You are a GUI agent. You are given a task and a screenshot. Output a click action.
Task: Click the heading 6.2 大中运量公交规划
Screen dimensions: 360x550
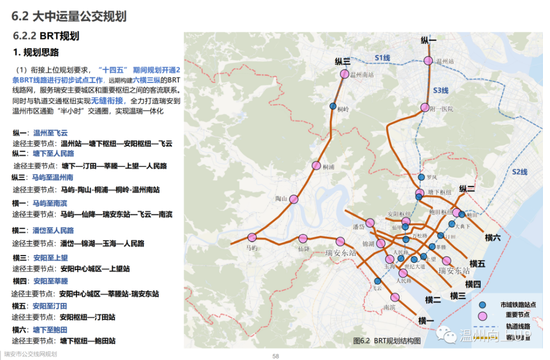[x=69, y=16]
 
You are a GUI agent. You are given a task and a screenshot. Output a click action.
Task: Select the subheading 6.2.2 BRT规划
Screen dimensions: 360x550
[x=47, y=36]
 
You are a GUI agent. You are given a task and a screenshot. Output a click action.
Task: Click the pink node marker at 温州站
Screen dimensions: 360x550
[x=429, y=61]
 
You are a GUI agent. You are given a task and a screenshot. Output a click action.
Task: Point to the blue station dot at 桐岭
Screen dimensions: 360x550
[x=333, y=107]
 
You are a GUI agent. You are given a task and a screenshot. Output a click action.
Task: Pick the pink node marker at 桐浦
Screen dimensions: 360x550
[x=316, y=165]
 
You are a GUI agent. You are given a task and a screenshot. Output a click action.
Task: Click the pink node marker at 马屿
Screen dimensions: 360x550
[x=252, y=237]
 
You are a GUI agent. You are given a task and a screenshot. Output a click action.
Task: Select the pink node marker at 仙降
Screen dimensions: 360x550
[x=303, y=239]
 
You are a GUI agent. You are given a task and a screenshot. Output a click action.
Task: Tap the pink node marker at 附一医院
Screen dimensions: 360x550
[x=424, y=108]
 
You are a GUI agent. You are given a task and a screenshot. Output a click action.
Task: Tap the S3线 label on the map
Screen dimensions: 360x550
[x=441, y=90]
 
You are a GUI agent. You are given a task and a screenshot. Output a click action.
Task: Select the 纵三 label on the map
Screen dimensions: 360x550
[x=343, y=62]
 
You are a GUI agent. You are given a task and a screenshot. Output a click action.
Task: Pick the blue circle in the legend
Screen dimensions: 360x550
[x=483, y=304]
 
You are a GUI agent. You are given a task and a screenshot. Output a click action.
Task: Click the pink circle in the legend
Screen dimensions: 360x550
[x=483, y=315]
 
